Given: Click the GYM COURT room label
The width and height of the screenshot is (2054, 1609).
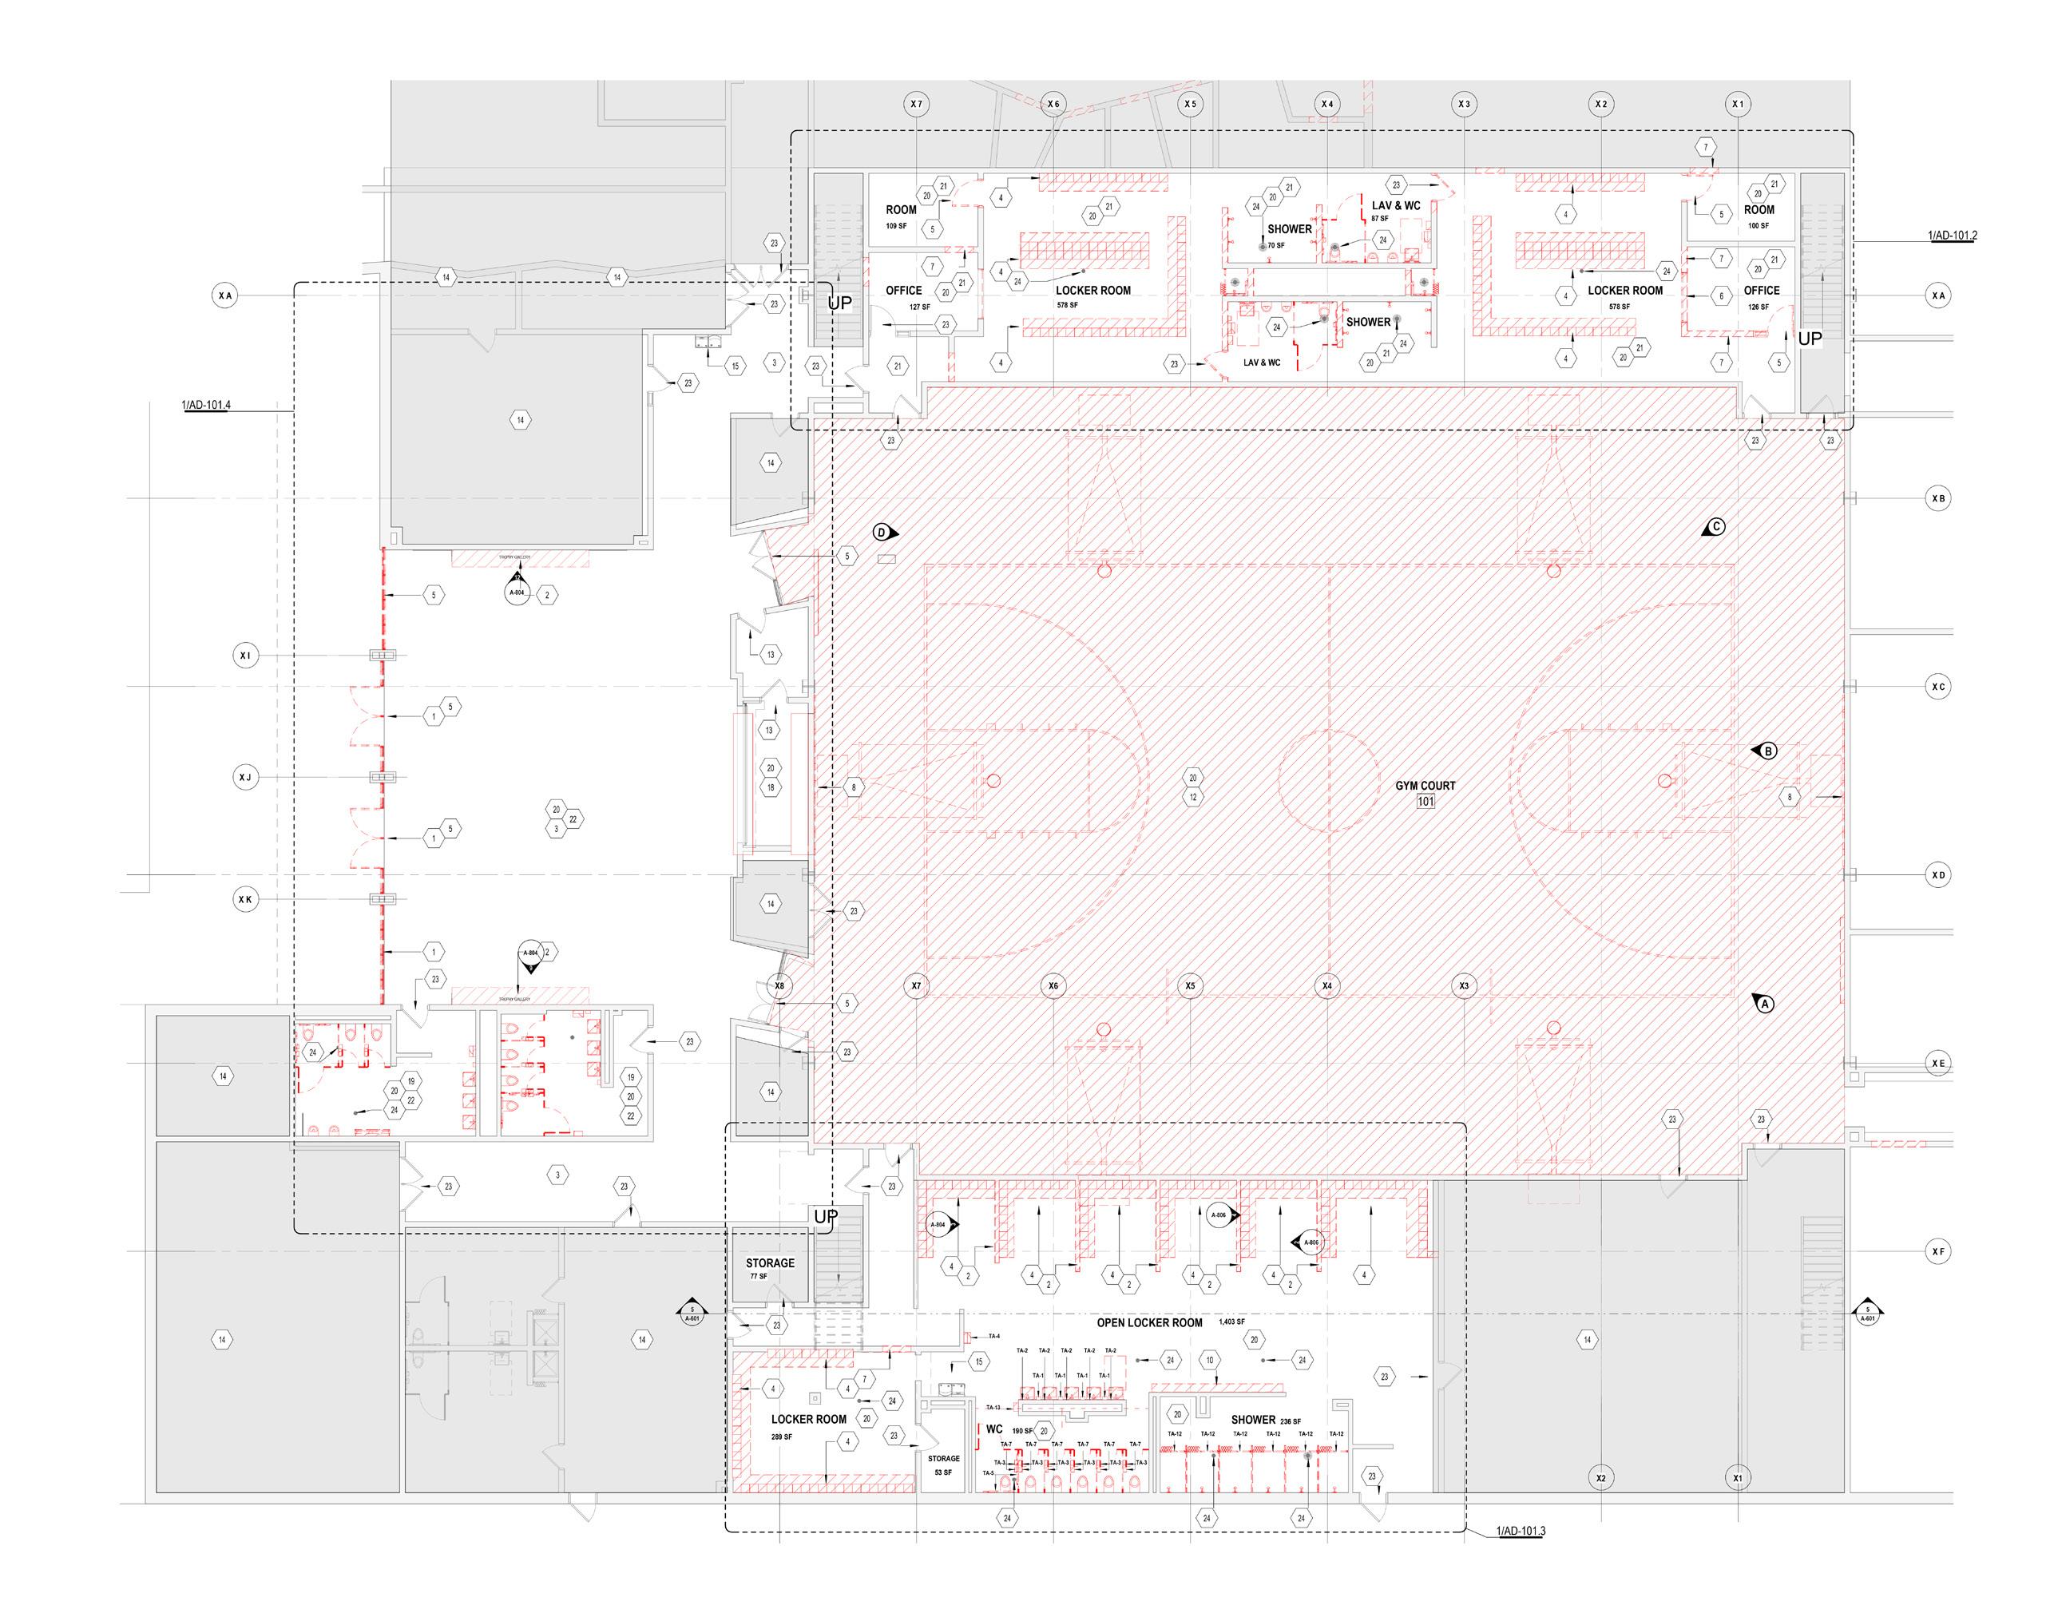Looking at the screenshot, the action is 1425,785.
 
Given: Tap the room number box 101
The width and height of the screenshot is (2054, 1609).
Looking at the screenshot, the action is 1425,802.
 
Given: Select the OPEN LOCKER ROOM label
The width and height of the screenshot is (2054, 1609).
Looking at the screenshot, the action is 1149,1322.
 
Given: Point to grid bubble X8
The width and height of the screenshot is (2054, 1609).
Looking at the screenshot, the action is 779,986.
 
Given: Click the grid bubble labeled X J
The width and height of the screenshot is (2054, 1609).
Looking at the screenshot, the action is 245,777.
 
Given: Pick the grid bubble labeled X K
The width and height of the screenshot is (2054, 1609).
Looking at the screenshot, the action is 245,900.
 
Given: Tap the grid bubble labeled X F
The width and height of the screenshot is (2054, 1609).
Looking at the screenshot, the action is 1938,1251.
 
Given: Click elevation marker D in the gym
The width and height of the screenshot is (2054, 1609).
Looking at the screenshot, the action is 882,533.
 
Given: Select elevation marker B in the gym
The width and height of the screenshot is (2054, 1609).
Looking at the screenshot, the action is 1767,751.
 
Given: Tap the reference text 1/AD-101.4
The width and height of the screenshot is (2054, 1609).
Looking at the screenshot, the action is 206,406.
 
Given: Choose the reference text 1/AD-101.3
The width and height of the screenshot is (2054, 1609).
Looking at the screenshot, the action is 1521,1531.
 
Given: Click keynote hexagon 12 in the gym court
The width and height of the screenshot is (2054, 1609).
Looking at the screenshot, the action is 1193,797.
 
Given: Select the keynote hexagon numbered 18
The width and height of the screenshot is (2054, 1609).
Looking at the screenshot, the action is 771,787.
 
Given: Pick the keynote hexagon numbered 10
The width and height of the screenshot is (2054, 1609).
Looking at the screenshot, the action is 1210,1361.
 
